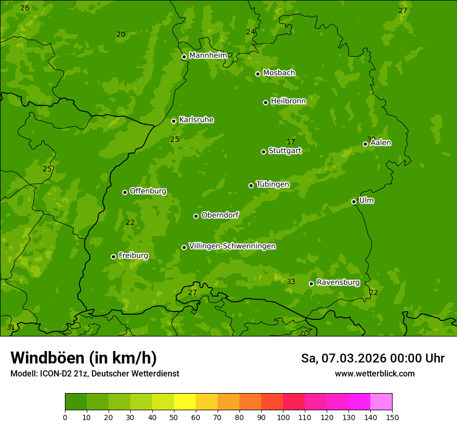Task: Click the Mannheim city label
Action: coord(208,56)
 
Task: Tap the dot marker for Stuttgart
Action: coord(263,152)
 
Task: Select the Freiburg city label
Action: coord(133,255)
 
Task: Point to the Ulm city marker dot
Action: coord(354,201)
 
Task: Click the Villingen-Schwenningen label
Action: coord(232,246)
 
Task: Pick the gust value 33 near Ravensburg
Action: coord(291,282)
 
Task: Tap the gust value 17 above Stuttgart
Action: coord(291,142)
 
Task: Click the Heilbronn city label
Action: coord(288,101)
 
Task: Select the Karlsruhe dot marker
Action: coord(173,121)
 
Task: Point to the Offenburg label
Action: coord(148,191)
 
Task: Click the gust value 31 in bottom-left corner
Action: coord(10,328)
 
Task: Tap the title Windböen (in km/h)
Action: coord(84,358)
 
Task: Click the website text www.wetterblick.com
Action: coord(374,374)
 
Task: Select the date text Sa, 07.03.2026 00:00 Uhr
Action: coord(372,358)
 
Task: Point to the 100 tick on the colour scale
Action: coord(283,417)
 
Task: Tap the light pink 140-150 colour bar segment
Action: coord(381,402)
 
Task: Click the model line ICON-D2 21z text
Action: coord(95,374)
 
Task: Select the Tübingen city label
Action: coord(272,184)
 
